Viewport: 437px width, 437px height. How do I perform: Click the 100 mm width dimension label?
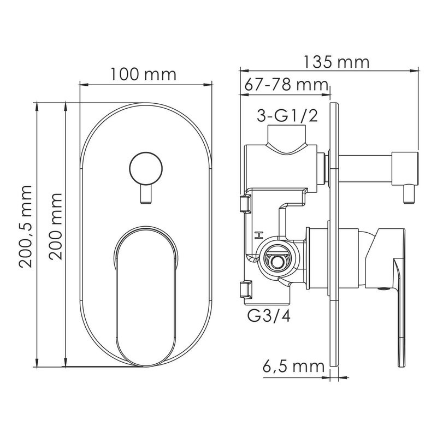click(x=144, y=74)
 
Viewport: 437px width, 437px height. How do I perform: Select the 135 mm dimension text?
click(x=336, y=62)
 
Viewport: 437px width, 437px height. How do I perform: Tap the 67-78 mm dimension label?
click(x=286, y=85)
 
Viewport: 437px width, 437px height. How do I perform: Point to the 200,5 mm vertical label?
click(x=26, y=226)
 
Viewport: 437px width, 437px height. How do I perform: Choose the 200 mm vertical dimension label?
click(x=56, y=226)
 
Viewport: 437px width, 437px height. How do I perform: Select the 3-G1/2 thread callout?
click(x=287, y=116)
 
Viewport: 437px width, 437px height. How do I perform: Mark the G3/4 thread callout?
click(x=269, y=316)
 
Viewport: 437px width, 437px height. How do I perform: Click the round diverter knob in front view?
click(x=146, y=169)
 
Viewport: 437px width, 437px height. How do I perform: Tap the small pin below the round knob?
click(x=146, y=194)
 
